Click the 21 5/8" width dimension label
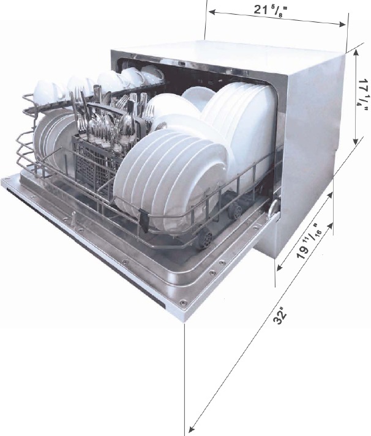tap(270, 11)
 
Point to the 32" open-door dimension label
tap(280, 316)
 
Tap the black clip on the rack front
tap(144, 220)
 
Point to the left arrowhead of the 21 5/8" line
tap(212, 12)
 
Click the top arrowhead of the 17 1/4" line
tap(356, 53)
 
